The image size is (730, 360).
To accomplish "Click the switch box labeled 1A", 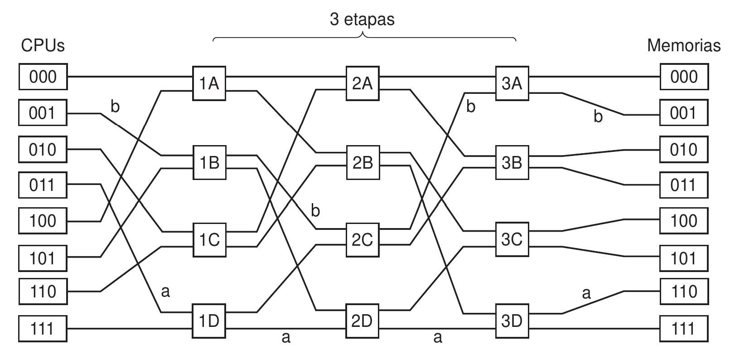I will coord(209,83).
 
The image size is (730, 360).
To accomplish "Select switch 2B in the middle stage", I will coord(362,162).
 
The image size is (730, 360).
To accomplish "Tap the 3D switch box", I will coord(512,321).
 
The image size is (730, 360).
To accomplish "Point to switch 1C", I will coord(209,239).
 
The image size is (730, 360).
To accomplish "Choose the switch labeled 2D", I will coord(362,321).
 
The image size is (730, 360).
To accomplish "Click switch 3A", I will coord(512,83).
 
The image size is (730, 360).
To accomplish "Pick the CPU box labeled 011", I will coord(43,185).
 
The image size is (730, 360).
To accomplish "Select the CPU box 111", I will coord(43,328).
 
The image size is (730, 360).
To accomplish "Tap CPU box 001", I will coord(43,113).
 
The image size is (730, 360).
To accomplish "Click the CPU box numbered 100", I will coord(43,221).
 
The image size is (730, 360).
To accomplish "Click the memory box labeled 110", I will coord(684,292).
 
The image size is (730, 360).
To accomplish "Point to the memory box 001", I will coord(684,113).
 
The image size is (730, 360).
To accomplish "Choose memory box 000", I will coord(684,77).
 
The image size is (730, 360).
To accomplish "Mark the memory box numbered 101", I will coord(684,258).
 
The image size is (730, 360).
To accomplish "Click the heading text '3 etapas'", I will coord(362,20).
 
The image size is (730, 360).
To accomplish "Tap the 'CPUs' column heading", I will coord(43,45).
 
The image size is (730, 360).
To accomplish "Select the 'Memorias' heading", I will coord(683,45).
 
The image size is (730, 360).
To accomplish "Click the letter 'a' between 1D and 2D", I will coord(286,337).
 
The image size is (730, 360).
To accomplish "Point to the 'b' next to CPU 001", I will coord(115,107).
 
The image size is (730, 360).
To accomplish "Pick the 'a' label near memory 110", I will coord(586,294).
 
